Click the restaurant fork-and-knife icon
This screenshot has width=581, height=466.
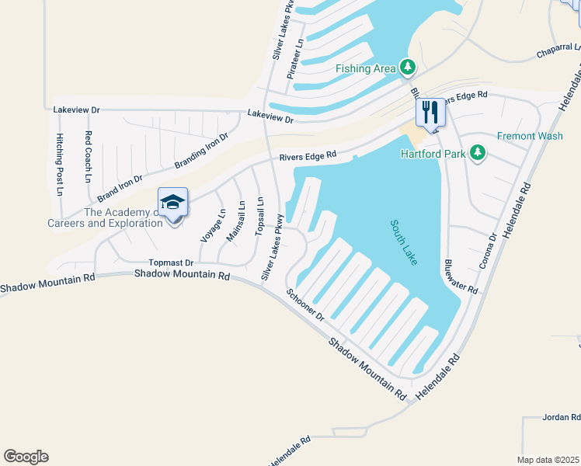(x=430, y=112)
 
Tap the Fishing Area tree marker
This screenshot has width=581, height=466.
(x=407, y=68)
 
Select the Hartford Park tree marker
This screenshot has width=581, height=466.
(x=479, y=154)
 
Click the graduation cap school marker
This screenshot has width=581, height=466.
(x=172, y=203)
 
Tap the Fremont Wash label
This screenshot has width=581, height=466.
(x=530, y=136)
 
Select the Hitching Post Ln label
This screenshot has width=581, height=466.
(x=59, y=158)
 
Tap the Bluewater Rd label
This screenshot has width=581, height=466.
(x=461, y=276)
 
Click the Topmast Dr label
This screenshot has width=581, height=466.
(x=170, y=264)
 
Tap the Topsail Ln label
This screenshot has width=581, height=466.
(x=259, y=214)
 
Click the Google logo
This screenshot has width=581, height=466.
(x=26, y=457)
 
